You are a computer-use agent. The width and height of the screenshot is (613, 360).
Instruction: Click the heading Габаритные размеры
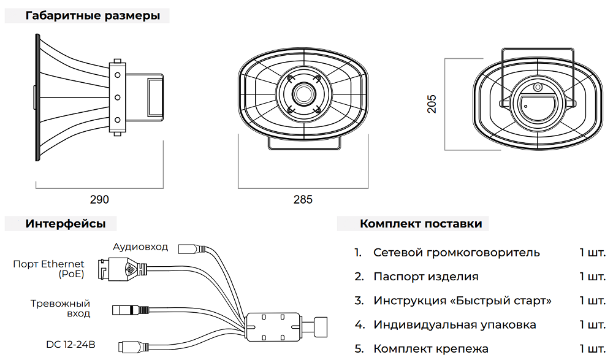[93, 16]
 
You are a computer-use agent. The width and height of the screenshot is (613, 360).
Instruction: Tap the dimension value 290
[99, 199]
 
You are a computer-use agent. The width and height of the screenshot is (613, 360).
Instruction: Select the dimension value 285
[303, 199]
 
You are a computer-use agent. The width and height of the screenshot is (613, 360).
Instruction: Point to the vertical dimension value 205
[432, 104]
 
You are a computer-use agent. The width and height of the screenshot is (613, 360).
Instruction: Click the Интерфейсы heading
[66, 224]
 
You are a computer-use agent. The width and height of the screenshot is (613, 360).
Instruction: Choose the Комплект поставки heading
[421, 224]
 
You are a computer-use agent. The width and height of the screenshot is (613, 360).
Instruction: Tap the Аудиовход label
[140, 247]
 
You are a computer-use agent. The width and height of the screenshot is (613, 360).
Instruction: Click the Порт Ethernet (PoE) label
[48, 269]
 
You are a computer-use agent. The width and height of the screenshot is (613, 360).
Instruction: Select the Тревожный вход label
[60, 308]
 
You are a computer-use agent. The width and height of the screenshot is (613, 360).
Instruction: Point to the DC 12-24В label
[70, 344]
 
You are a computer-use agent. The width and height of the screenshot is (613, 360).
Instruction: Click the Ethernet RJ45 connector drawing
[122, 269]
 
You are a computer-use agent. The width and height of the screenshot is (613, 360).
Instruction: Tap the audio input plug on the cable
[191, 249]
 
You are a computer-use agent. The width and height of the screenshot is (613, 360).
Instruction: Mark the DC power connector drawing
[133, 347]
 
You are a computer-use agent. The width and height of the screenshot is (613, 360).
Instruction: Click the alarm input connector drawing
[131, 310]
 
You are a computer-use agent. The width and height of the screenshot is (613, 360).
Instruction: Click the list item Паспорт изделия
[426, 277]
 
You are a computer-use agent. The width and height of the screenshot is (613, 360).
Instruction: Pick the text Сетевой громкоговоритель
[457, 253]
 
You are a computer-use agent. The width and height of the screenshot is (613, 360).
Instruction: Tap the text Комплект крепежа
[431, 348]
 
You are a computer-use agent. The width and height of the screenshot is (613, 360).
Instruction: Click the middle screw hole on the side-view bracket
[117, 98]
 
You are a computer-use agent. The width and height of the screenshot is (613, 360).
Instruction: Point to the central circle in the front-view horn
[303, 94]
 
